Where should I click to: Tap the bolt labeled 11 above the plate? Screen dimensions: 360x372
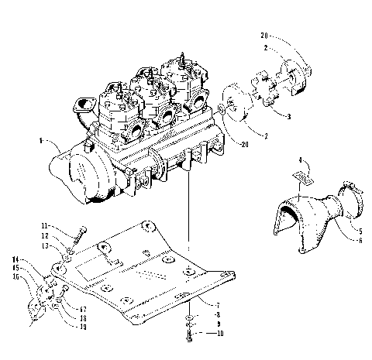pos(81,229)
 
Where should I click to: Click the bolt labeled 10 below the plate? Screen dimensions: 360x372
pos(189,334)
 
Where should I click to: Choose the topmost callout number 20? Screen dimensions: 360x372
pos(266,34)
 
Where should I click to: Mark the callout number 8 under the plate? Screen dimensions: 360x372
pos(201,316)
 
